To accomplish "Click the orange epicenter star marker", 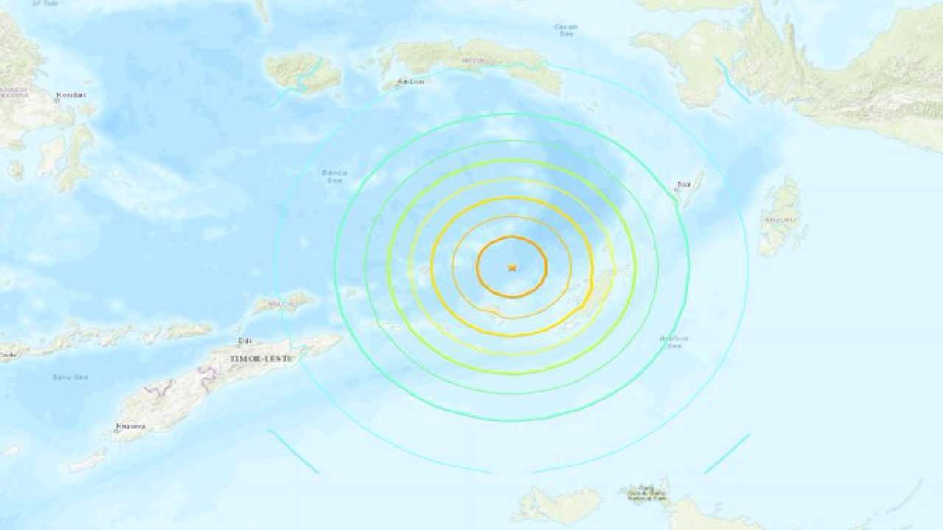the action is click(512, 267).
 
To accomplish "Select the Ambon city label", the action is click(411, 82).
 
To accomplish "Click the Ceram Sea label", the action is click(566, 30).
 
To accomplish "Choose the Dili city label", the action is click(244, 342).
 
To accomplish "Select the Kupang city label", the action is click(130, 426).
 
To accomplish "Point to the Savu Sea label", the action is click(70, 378).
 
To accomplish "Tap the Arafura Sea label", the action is click(673, 342).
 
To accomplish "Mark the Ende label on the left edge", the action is click(7, 356).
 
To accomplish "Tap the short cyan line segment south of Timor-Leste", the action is click(293, 451).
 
